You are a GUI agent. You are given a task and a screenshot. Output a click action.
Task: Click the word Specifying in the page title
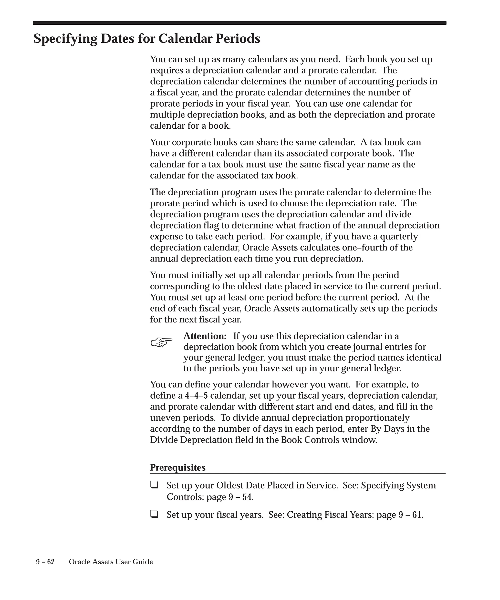(x=65, y=39)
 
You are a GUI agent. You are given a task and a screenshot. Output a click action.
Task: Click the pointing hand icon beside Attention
(x=161, y=342)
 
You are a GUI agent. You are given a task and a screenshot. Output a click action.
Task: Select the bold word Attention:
(x=205, y=336)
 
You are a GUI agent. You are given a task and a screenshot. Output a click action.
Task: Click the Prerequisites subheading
(x=178, y=467)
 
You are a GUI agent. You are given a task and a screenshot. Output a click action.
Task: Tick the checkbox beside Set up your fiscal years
(x=154, y=514)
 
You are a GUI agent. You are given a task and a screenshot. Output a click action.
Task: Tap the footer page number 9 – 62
(x=45, y=562)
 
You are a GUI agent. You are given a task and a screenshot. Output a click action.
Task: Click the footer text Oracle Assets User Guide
(x=111, y=562)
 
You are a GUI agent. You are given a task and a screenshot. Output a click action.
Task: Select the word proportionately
(x=377, y=418)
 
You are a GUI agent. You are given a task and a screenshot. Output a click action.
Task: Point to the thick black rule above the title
(x=240, y=23)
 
